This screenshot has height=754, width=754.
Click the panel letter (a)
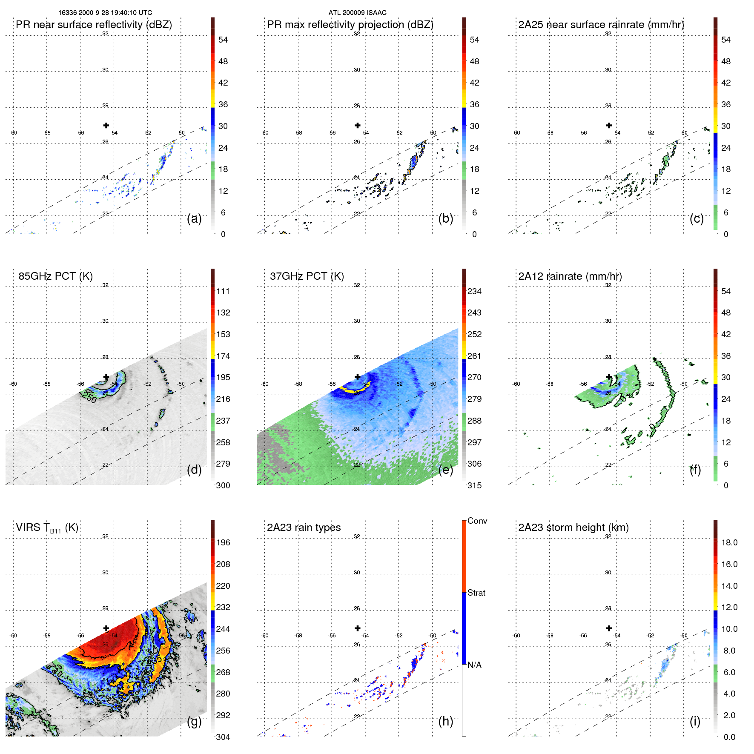pos(194,219)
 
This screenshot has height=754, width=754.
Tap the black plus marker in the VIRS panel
pos(106,628)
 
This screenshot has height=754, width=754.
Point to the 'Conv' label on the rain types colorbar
pos(477,521)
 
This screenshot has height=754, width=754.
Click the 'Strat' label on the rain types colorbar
pos(476,593)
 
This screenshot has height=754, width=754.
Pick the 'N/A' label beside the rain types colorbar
pos(474,665)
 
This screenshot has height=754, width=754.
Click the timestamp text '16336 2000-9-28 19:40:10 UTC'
pos(105,13)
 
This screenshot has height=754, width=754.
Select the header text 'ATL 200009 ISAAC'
pos(357,13)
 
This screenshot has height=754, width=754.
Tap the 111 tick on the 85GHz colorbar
pos(223,292)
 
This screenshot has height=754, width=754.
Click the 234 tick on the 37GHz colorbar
pos(474,292)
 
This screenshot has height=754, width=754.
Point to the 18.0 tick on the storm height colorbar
pos(729,543)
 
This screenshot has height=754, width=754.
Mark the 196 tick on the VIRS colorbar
pos(223,543)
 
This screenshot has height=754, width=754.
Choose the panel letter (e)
pos(445,470)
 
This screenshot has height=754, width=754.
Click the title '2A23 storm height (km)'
pos(573,528)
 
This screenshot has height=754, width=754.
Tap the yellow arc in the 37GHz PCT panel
pos(354,389)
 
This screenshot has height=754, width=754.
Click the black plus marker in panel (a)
pos(106,125)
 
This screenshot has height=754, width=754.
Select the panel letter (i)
pos(695,721)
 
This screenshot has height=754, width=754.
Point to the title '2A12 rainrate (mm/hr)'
pos(570,276)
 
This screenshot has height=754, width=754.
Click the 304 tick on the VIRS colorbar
pos(223,737)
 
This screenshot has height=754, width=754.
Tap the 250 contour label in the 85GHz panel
pos(89,397)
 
